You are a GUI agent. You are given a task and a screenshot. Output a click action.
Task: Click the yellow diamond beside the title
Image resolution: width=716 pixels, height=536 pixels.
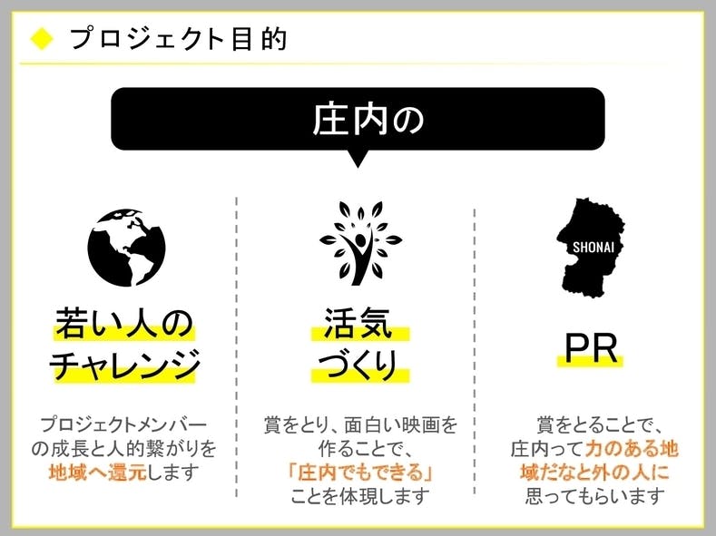coord(42,38)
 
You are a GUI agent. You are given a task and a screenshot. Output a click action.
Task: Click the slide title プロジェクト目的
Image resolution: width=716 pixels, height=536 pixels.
coord(178,39)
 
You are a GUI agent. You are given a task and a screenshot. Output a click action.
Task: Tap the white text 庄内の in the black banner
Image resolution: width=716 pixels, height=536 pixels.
coord(368,119)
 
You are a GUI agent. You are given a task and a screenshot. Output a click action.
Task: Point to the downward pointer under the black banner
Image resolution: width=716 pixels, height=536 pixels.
coord(358,159)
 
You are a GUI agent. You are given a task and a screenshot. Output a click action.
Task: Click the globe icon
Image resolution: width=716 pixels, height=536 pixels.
coord(126,248)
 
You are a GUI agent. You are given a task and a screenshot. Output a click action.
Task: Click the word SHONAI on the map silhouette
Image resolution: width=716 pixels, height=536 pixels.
coord(593,248)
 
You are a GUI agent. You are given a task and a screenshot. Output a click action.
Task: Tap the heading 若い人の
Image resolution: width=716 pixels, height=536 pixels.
coord(124,323)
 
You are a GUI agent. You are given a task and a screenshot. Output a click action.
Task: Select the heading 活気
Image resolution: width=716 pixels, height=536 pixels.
coord(358,323)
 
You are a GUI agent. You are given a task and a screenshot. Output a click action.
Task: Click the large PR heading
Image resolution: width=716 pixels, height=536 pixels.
coord(591,349)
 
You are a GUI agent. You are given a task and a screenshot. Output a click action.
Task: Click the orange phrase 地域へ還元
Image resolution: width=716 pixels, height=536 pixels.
coord(97,473)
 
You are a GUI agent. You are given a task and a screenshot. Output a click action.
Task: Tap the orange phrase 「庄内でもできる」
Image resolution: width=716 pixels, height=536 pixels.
coord(361,473)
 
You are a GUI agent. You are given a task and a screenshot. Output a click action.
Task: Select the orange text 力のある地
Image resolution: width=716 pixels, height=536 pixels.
coord(631,449)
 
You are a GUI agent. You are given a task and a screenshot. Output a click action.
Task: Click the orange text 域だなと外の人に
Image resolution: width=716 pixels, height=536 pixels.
coord(594,473)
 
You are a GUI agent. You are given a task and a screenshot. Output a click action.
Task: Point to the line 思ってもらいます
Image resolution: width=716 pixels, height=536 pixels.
coord(595,496)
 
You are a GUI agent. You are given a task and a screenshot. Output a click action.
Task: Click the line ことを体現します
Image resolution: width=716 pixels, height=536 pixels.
coord(360,496)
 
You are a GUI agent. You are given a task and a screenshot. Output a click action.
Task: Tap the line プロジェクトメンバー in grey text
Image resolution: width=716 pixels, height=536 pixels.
coord(123,424)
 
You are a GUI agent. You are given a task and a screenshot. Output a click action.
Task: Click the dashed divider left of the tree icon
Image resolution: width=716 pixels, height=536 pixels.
coord(237,346)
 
